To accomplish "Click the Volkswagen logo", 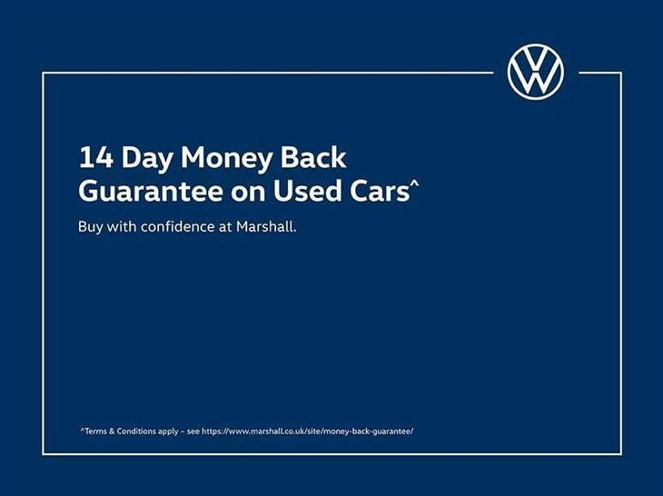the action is click(535, 72).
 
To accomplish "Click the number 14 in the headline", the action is click(96, 157).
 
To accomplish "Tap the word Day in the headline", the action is click(147, 159).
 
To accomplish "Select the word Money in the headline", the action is click(226, 159).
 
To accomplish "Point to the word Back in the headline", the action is click(313, 157).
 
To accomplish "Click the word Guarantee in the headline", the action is click(151, 191).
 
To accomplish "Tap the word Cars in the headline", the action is click(379, 191).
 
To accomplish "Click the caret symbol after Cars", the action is click(414, 184).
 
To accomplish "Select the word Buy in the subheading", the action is click(90, 227).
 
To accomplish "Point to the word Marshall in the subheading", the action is click(266, 226).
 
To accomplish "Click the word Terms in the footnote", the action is click(94, 432).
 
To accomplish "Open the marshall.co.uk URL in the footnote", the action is click(308, 432).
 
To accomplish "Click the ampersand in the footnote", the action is click(112, 432).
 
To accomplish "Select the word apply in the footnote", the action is click(168, 432).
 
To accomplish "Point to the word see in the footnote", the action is click(193, 432).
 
